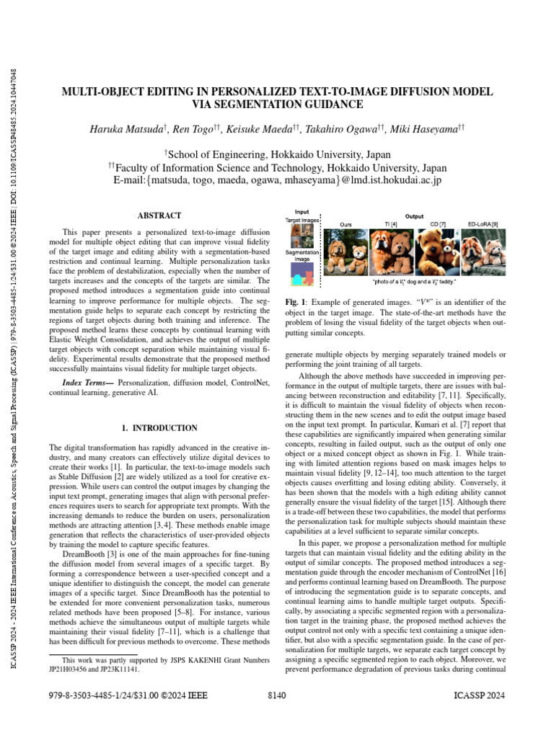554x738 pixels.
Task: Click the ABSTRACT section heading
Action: (x=159, y=215)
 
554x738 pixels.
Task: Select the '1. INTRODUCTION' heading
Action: (x=159, y=428)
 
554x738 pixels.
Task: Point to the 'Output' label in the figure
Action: (x=413, y=215)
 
